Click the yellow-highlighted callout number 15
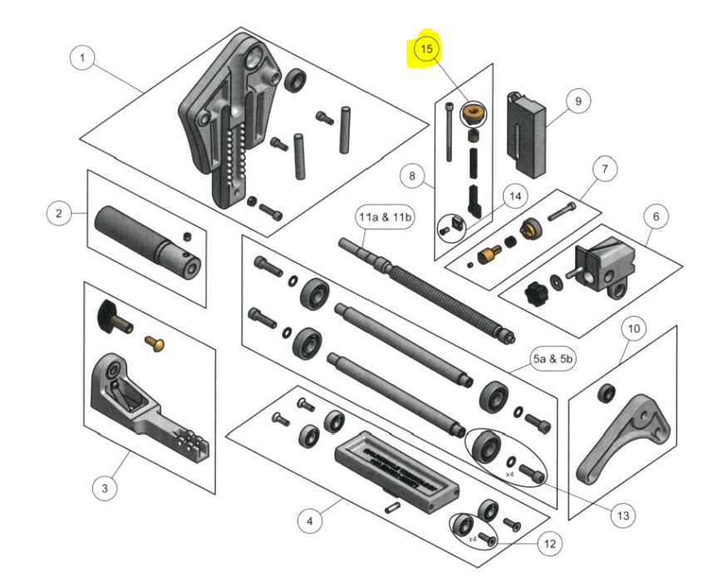point(427,50)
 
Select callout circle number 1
point(81,58)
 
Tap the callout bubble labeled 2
point(58,214)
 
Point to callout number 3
point(104,488)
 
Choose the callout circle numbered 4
point(309,521)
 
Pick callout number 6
point(604,170)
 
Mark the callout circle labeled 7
point(411,176)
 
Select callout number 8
point(577,101)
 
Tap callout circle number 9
point(633,329)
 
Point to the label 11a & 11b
point(549,544)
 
